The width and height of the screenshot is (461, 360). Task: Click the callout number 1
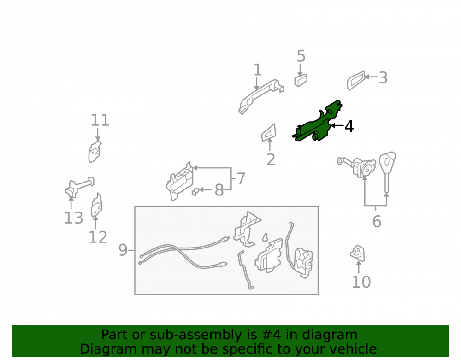(x=258, y=70)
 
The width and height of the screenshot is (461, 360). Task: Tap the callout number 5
(x=301, y=56)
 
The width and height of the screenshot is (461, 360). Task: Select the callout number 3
(x=383, y=78)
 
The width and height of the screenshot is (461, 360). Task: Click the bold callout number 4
(x=349, y=126)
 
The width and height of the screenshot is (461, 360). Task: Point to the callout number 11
(x=100, y=120)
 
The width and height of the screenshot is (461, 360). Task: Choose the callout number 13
(x=73, y=218)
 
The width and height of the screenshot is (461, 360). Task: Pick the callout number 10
(x=361, y=282)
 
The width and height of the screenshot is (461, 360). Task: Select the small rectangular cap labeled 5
(x=301, y=80)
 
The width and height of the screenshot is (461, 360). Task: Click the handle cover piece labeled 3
(x=356, y=80)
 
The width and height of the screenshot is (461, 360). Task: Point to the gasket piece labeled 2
(x=269, y=133)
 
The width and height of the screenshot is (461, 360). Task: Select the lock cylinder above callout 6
(x=360, y=167)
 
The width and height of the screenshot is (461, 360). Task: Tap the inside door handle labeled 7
(x=180, y=182)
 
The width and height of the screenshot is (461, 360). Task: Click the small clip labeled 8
(x=195, y=192)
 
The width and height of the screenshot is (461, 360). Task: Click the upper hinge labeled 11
(x=95, y=151)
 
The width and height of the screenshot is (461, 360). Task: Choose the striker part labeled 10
(x=358, y=253)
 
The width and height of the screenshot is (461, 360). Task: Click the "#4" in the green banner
(x=271, y=335)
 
